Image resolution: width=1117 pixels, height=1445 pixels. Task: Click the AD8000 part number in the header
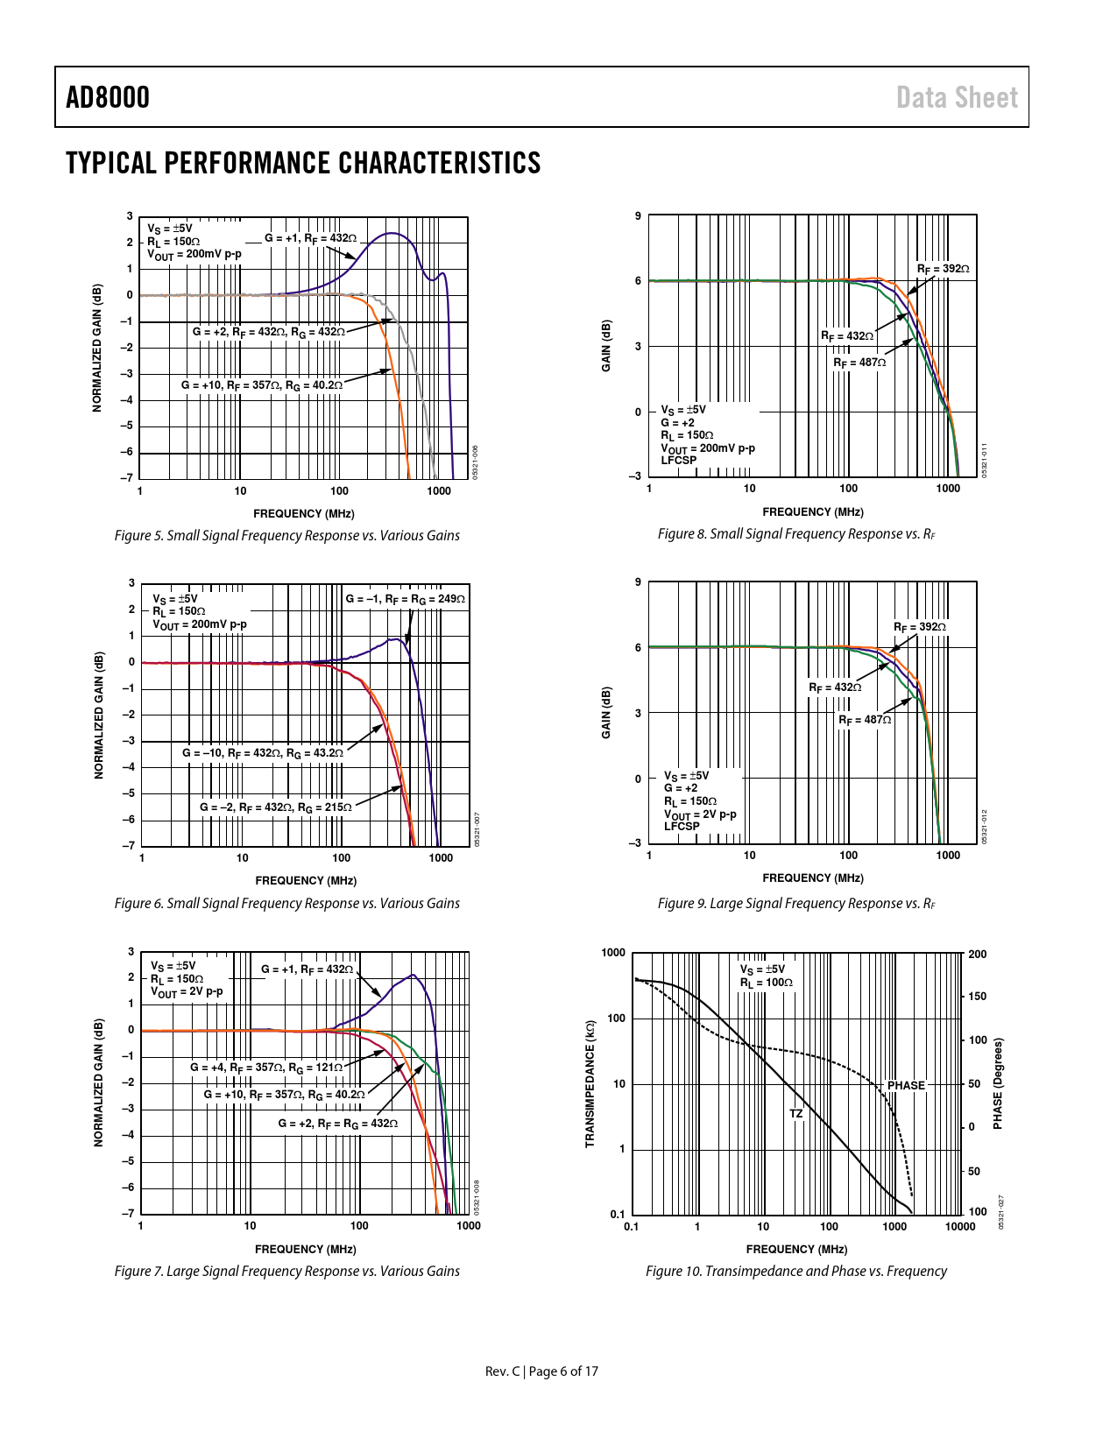point(108,97)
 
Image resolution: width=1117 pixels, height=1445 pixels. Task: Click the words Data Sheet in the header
point(957,98)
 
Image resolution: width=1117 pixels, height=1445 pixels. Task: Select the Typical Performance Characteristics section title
point(303,164)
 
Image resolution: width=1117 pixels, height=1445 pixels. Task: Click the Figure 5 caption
point(286,536)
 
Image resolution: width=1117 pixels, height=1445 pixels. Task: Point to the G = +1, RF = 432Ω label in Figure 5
point(310,238)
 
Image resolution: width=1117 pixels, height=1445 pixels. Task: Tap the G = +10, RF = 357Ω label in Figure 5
point(262,384)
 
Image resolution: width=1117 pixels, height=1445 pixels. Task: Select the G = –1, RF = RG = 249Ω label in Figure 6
point(405,599)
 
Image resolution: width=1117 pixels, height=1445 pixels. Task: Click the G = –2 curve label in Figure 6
point(276,807)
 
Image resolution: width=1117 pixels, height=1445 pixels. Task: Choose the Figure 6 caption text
point(286,904)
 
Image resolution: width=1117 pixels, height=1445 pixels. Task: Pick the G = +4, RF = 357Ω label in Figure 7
point(266,1068)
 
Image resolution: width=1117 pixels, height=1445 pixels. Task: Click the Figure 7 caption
point(286,1272)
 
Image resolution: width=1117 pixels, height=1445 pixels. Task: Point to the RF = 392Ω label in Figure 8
point(944,269)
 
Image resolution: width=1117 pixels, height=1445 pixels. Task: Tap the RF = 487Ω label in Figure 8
point(859,363)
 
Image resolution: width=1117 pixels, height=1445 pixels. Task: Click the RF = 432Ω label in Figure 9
point(835,687)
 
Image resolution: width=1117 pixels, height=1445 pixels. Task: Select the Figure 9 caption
point(796,904)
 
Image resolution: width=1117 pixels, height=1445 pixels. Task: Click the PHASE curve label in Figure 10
point(906,1085)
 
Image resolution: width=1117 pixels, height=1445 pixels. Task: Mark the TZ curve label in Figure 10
point(795,1114)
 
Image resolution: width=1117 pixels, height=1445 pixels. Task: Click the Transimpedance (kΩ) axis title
point(590,1083)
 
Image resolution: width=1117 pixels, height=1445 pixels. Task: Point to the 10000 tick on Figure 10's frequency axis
point(960,1227)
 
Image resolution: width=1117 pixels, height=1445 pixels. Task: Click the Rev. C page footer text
point(541,1371)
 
